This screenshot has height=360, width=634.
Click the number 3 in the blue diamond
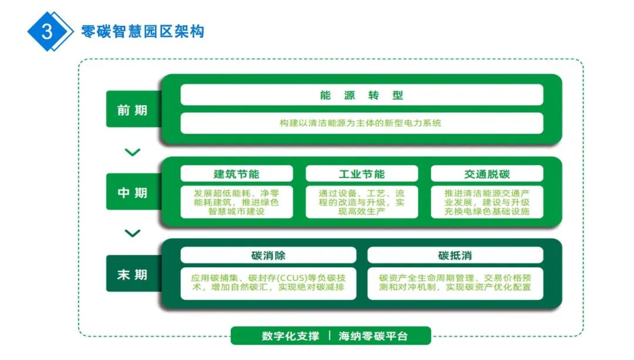(x=47, y=31)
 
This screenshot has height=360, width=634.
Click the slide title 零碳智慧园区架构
(x=143, y=31)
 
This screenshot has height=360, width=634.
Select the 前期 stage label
(x=132, y=110)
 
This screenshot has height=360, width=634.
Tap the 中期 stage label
(x=132, y=193)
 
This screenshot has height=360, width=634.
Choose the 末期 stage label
(x=132, y=274)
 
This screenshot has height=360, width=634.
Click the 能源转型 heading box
(x=362, y=95)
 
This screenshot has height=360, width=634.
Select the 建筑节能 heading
(x=236, y=174)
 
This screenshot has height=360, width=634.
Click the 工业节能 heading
(x=362, y=174)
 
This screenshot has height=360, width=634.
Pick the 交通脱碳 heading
(x=487, y=174)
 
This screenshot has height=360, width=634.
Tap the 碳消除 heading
(x=268, y=255)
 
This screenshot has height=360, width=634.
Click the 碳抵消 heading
(x=455, y=255)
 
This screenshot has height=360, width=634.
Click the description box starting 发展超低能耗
(x=236, y=202)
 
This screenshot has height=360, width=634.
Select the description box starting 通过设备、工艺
(x=362, y=202)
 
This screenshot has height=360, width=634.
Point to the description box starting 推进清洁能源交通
(x=487, y=202)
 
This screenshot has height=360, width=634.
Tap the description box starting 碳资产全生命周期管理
(x=455, y=282)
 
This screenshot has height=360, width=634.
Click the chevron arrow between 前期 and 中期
(x=133, y=153)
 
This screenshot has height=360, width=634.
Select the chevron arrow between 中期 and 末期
(x=133, y=233)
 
